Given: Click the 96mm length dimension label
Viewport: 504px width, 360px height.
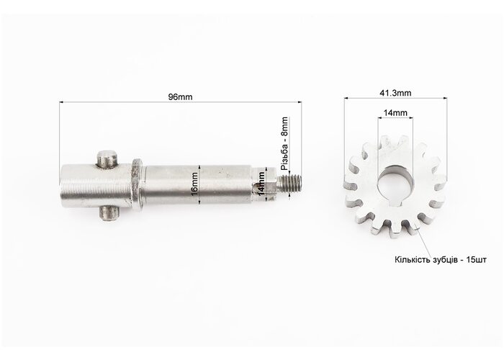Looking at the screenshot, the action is click(180, 96).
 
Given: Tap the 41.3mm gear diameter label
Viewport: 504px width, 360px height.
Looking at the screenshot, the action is click(395, 93).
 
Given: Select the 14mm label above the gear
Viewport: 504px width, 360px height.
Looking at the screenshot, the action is click(395, 113).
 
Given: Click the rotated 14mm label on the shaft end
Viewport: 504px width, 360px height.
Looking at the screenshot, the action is click(261, 184).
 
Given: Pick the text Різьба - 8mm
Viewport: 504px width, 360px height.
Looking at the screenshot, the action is click(285, 143).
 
